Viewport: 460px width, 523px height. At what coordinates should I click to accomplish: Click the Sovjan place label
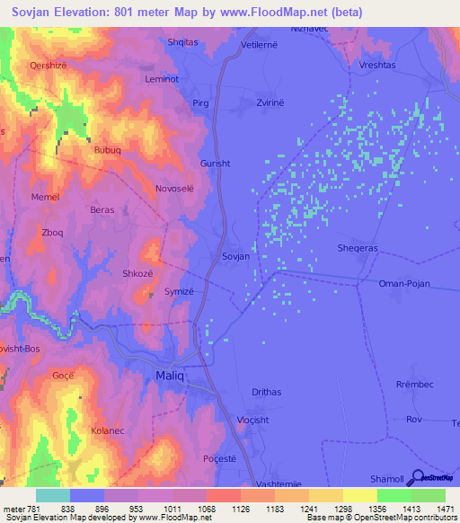(x=235, y=256)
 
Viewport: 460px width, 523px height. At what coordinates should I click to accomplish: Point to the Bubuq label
(x=109, y=151)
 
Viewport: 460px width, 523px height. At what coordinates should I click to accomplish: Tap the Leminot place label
(x=163, y=79)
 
